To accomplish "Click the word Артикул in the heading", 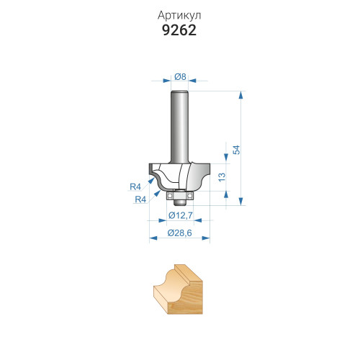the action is click(179, 16).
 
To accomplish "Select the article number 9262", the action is click(179, 30).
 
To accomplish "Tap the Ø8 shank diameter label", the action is click(180, 76).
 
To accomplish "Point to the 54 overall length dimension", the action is click(237, 150).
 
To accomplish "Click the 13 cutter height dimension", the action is click(222, 177).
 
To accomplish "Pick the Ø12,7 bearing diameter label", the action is click(181, 215).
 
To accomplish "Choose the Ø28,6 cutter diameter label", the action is click(180, 233).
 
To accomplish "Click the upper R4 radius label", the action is click(135, 186).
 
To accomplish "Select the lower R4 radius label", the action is click(140, 199).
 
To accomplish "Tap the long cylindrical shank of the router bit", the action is click(179, 127).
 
